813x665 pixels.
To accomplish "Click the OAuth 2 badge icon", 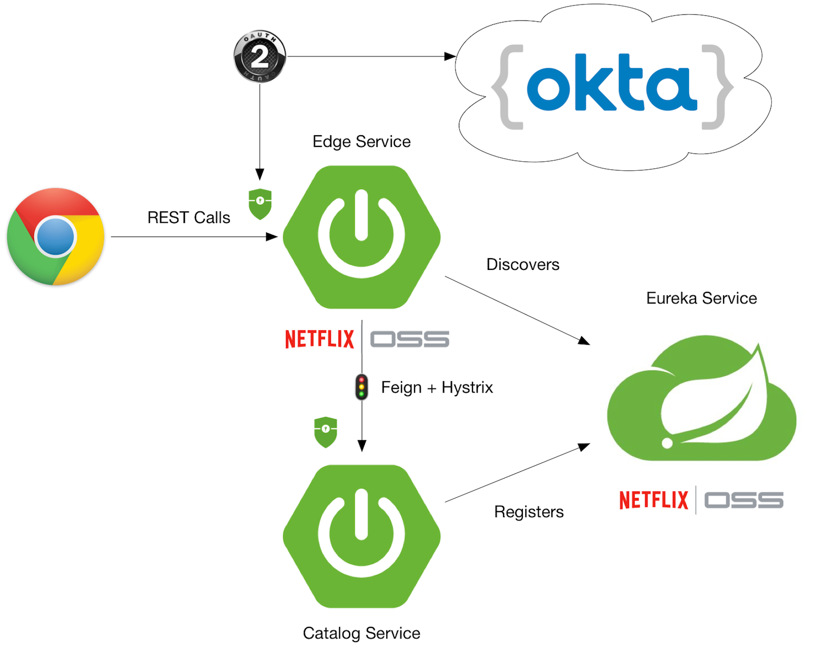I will [x=260, y=56].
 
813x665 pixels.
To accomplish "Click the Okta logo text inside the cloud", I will [x=612, y=83].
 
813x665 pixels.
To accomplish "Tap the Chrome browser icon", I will [x=56, y=236].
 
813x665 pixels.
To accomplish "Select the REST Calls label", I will [x=189, y=218].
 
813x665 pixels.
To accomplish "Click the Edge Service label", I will [x=361, y=141].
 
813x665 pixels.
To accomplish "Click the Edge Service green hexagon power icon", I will [x=361, y=236].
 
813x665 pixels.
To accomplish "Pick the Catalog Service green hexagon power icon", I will [x=361, y=536].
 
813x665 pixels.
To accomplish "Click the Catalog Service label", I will [x=361, y=633].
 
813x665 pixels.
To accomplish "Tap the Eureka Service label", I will [x=701, y=298].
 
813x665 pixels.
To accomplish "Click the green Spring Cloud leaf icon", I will [x=701, y=399].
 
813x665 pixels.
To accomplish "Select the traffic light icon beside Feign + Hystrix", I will [x=361, y=387].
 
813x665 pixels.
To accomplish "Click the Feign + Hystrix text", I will [x=437, y=387].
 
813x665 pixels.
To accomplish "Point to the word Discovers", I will [x=522, y=264].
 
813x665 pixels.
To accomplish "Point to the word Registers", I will [x=528, y=511].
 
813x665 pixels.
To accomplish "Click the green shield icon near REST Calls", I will [x=260, y=203].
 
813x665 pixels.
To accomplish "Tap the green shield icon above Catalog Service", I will [x=326, y=432].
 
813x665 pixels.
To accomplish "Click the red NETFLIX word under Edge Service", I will [x=319, y=339].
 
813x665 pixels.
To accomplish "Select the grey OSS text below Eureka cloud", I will [x=743, y=500].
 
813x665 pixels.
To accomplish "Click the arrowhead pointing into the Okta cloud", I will [x=450, y=56].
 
